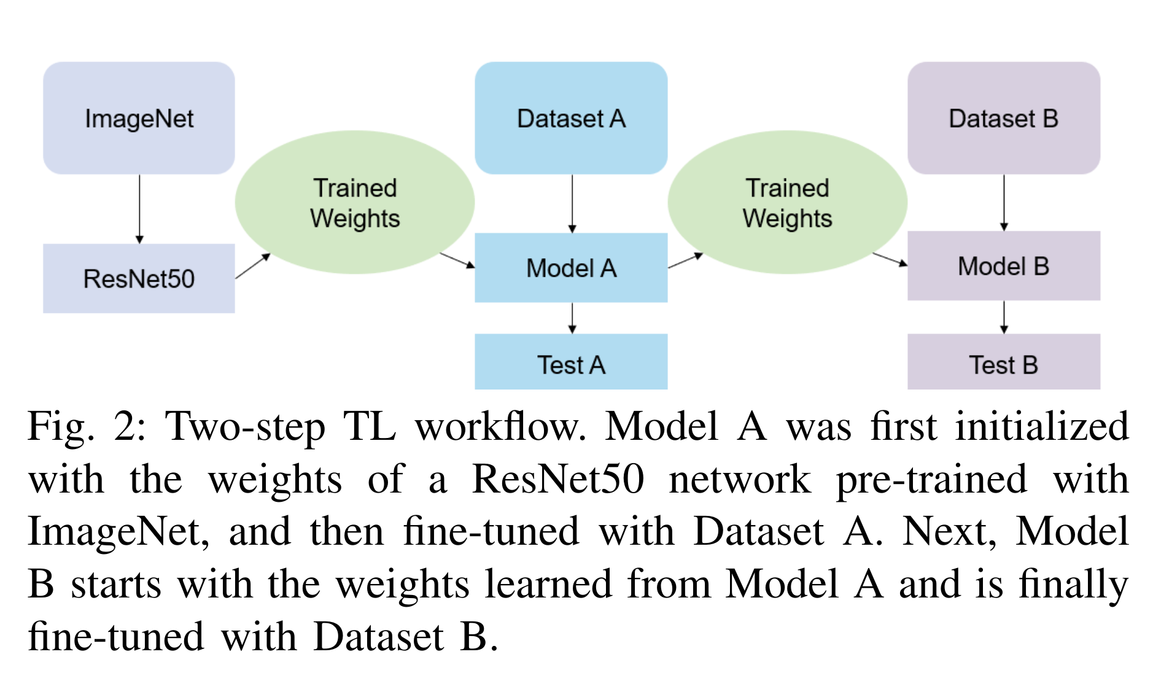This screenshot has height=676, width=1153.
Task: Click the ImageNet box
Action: [x=139, y=118]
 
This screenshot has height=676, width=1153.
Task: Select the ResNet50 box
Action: [x=139, y=278]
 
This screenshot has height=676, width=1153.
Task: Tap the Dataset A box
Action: [x=571, y=118]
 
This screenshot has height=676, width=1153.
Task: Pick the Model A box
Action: [x=571, y=267]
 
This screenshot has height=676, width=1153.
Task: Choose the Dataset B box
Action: [x=1003, y=118]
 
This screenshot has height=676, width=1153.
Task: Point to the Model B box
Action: [x=1003, y=266]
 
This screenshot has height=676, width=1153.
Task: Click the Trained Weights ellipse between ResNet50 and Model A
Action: [x=354, y=202]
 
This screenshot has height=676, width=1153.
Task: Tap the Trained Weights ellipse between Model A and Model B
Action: [x=787, y=202]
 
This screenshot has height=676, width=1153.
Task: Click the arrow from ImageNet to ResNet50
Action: [x=139, y=209]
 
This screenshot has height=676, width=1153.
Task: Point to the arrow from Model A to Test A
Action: [x=572, y=318]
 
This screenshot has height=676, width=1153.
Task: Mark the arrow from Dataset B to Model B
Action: [x=1004, y=202]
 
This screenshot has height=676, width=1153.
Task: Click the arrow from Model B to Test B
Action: [x=1004, y=317]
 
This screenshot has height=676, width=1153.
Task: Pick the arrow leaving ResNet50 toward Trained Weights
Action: [x=252, y=266]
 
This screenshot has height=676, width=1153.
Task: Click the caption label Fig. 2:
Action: [x=86, y=427]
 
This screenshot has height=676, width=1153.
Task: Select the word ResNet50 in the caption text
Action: [x=557, y=480]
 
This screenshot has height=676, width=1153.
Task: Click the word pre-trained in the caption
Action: [x=931, y=480]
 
